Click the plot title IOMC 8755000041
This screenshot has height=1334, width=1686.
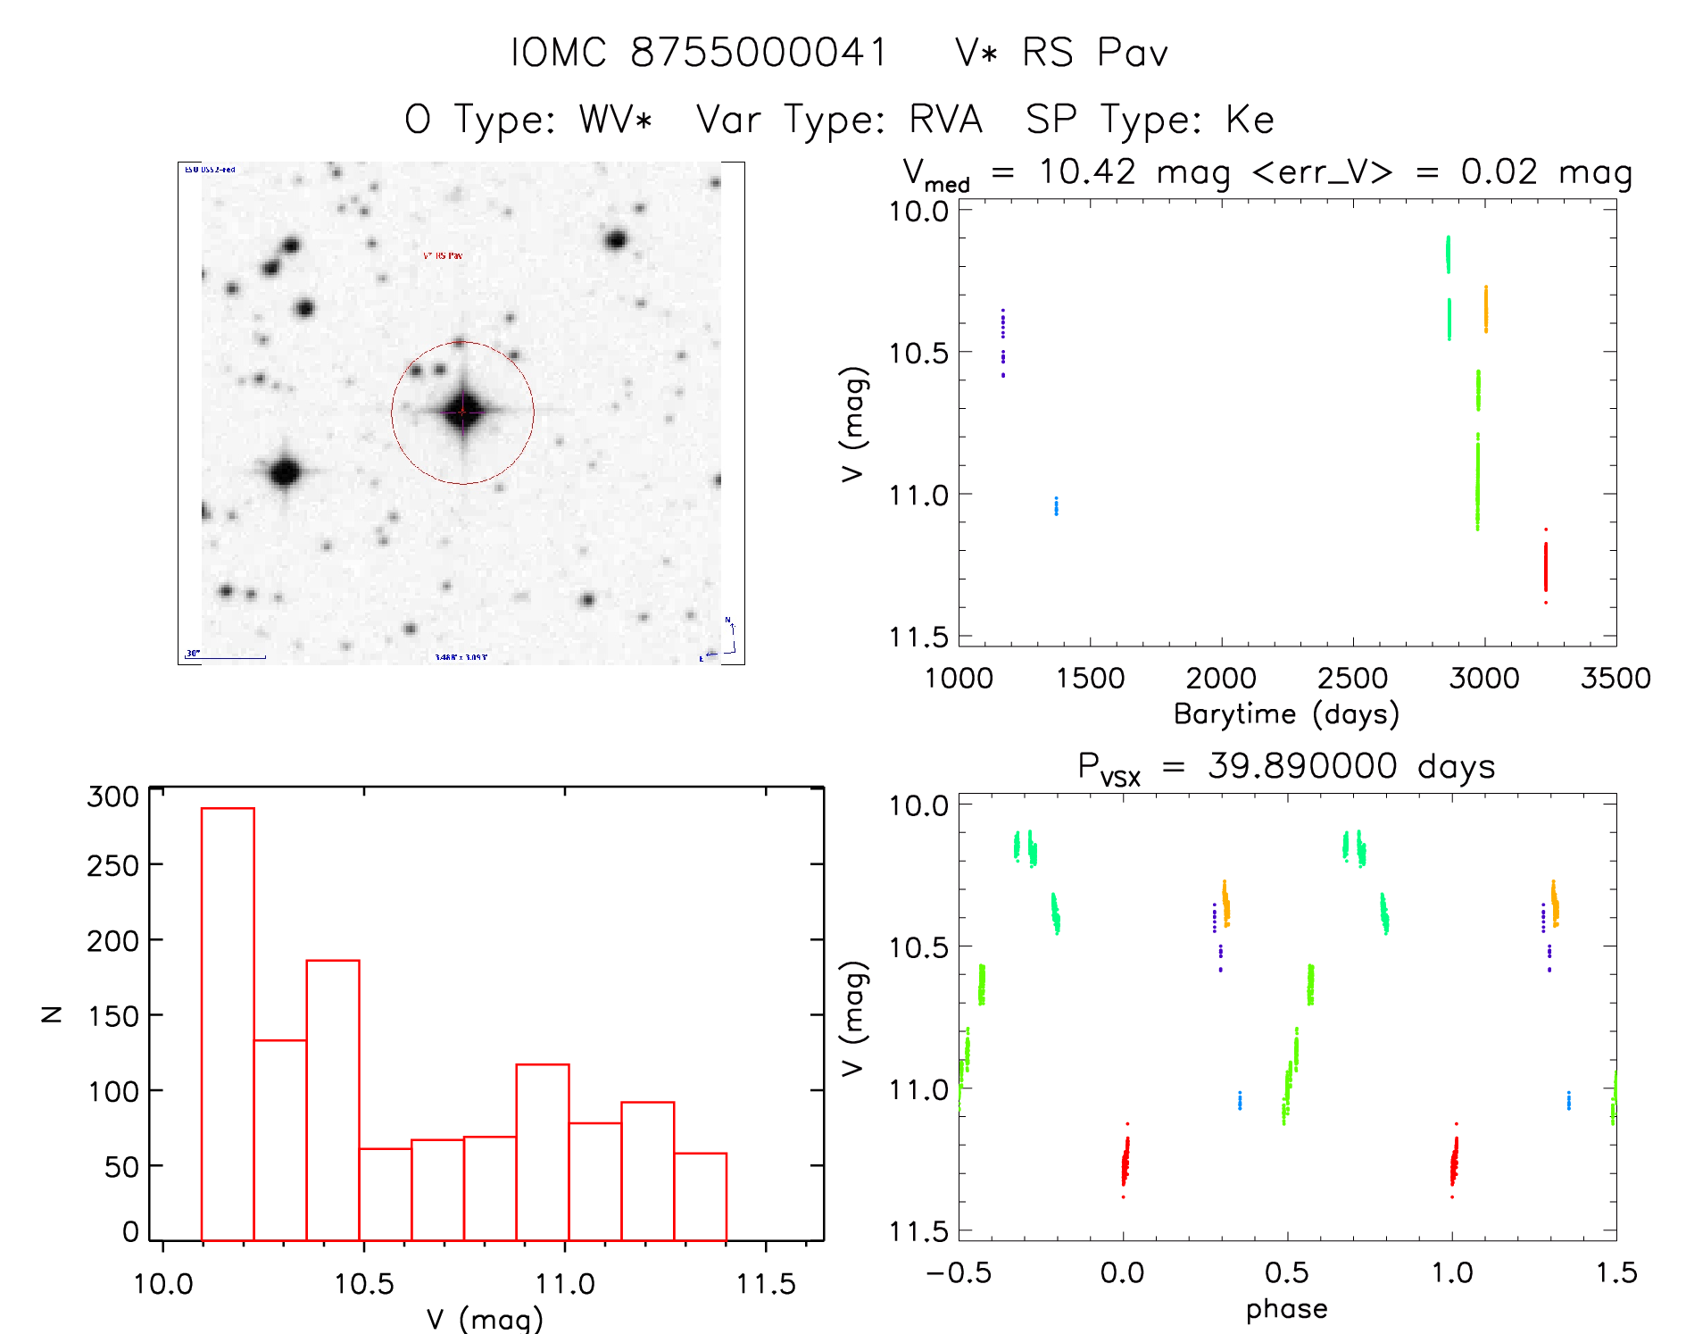click(699, 53)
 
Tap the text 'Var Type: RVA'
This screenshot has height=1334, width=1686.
click(839, 120)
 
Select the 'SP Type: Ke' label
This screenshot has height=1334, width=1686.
click(1150, 120)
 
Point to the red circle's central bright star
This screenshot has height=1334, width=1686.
click(462, 412)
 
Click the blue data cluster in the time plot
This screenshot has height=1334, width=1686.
click(1056, 506)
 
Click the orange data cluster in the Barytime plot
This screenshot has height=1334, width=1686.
click(1485, 309)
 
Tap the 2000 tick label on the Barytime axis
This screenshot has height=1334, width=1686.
click(1221, 679)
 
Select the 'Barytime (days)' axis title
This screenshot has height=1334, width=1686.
click(1286, 714)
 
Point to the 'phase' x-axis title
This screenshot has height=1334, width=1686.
click(1286, 1309)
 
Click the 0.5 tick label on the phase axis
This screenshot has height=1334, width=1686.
click(1286, 1272)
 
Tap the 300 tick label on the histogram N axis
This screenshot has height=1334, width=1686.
click(112, 796)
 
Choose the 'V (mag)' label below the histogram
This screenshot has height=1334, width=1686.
click(485, 1319)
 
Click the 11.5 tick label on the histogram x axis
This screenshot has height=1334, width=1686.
click(765, 1284)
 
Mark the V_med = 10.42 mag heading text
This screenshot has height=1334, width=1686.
click(1267, 172)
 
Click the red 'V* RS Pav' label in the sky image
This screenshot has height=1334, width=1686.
click(443, 255)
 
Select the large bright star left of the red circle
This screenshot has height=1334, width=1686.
click(285, 471)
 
